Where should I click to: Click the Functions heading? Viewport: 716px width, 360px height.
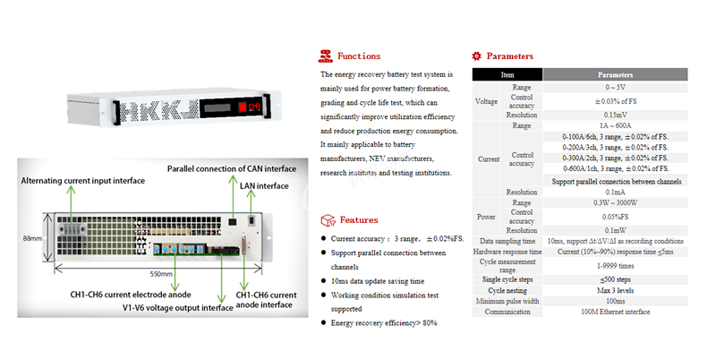click(358, 56)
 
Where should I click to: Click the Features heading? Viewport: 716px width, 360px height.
click(357, 219)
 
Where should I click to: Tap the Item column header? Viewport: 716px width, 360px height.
click(507, 75)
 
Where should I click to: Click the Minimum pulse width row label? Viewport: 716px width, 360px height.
click(507, 302)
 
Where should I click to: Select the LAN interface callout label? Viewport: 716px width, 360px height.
click(264, 186)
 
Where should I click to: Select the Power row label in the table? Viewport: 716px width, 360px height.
click(487, 216)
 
